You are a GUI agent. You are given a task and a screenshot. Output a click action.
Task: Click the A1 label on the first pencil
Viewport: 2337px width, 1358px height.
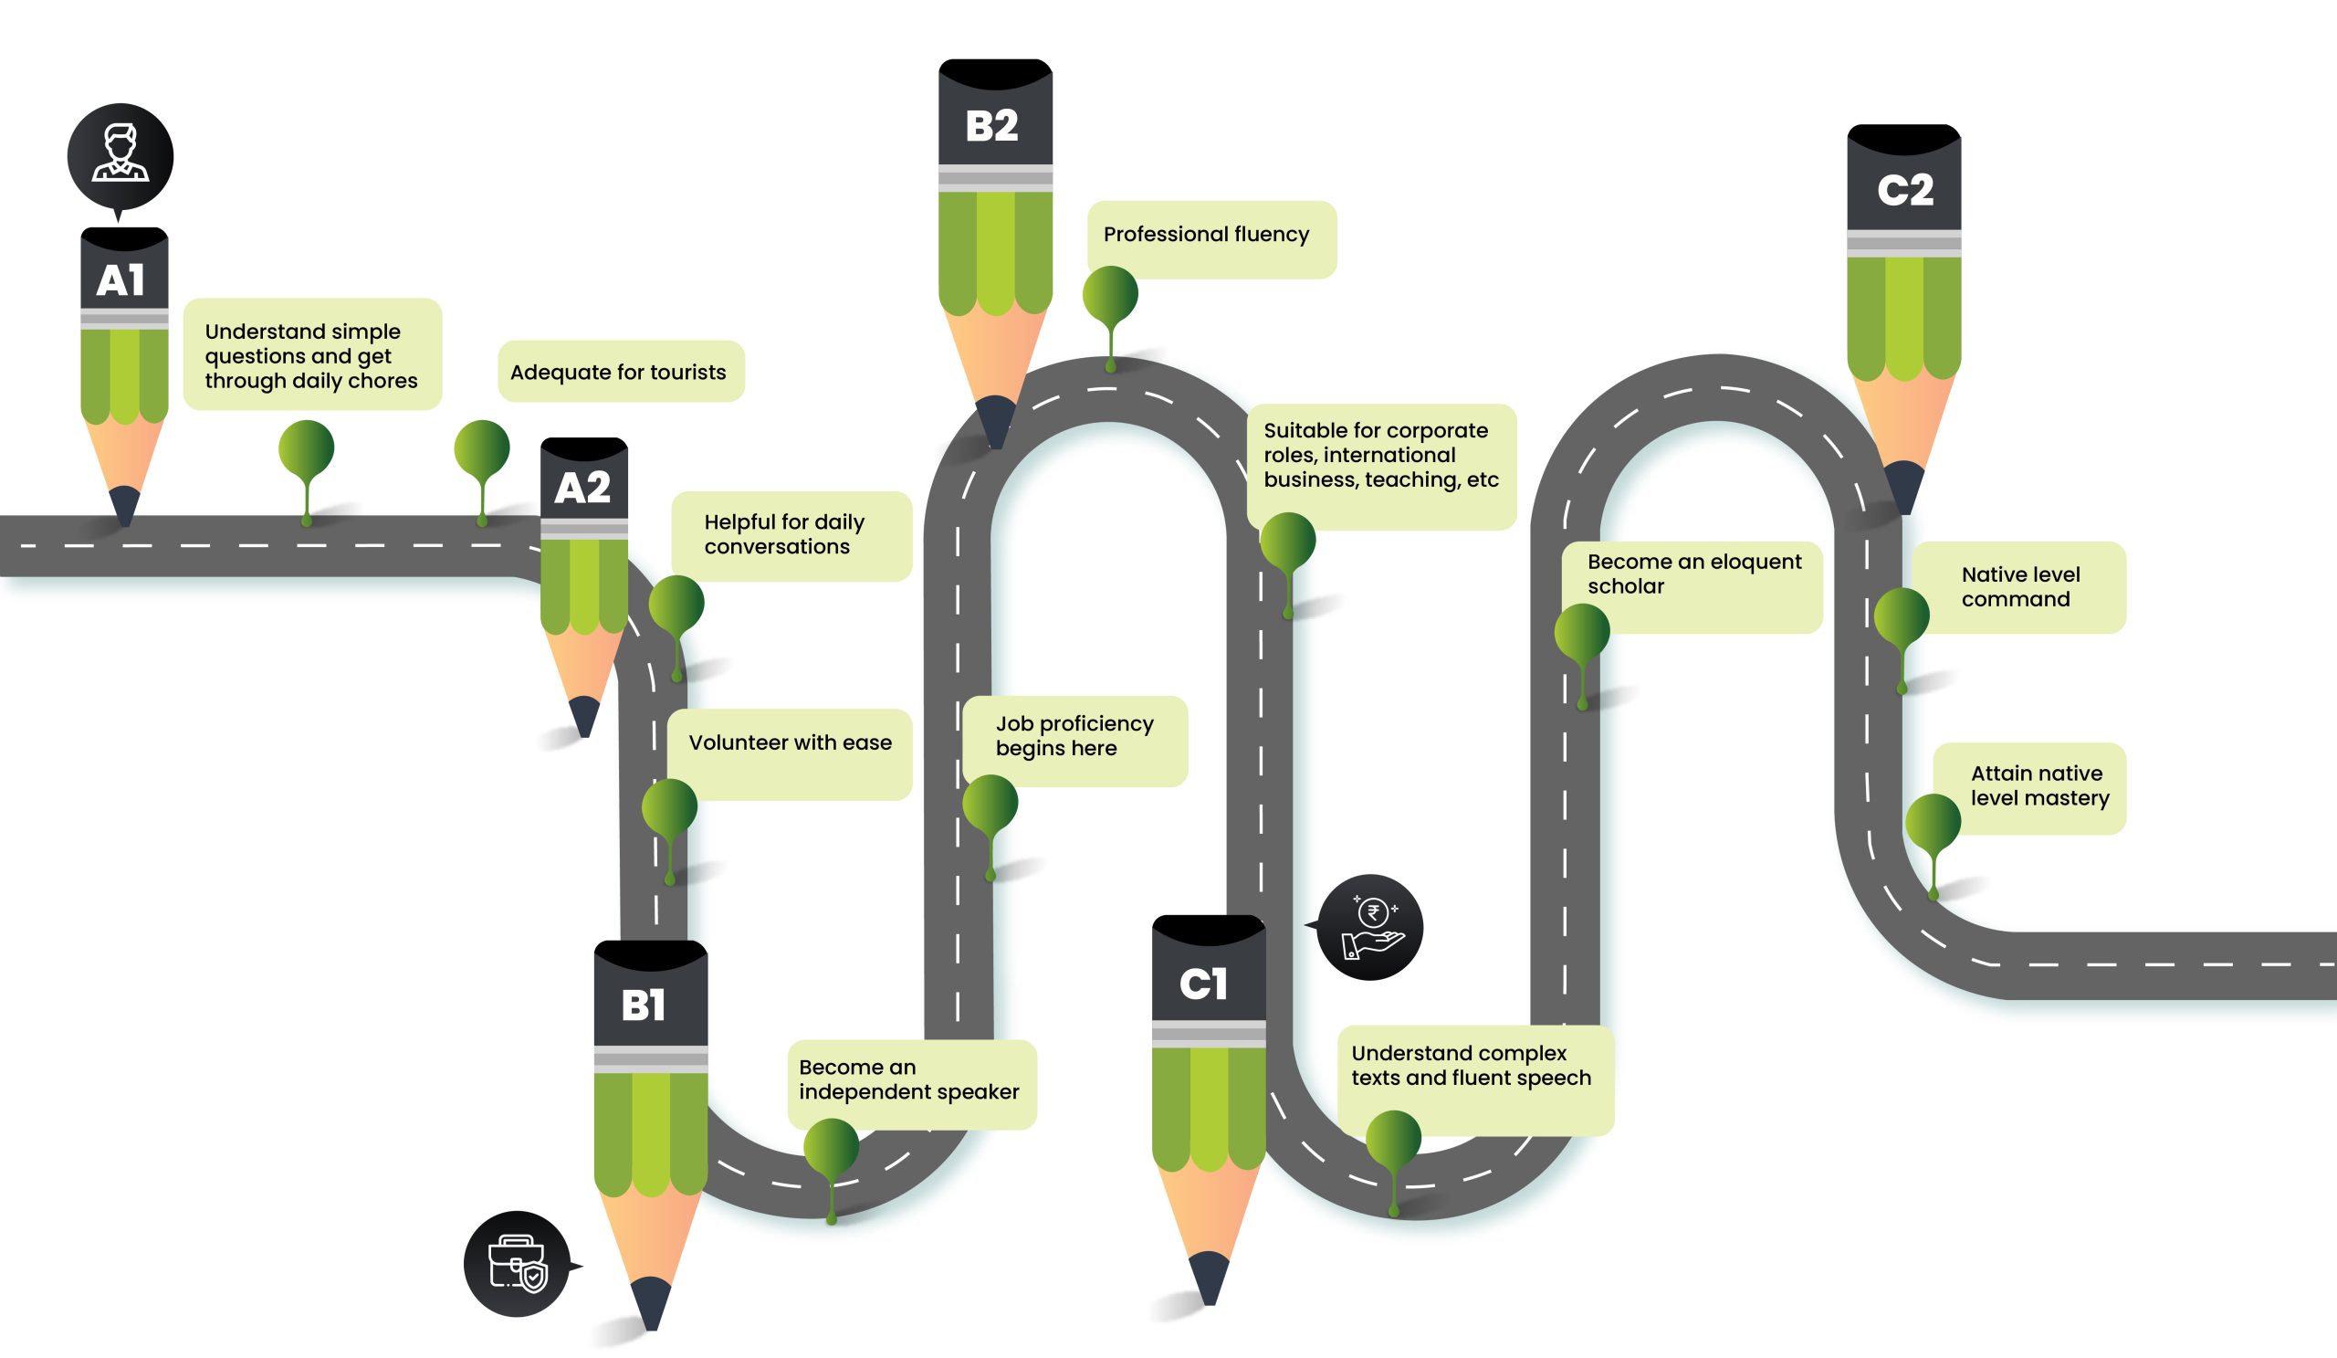(121, 280)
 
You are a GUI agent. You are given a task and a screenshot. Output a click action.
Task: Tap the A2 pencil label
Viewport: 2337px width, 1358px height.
(582, 488)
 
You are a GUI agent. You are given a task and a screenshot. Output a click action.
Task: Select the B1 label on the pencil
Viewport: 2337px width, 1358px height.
(644, 1005)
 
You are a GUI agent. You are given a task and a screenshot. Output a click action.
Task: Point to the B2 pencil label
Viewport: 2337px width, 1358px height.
(992, 126)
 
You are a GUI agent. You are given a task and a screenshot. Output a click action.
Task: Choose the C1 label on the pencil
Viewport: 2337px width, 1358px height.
(1204, 984)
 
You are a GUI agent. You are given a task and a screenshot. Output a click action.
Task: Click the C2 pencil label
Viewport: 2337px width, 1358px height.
(1905, 190)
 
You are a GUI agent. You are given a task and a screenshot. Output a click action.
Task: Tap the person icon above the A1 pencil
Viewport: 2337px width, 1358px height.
(120, 155)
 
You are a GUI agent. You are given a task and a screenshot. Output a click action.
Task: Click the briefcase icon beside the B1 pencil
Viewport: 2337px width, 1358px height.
(517, 1263)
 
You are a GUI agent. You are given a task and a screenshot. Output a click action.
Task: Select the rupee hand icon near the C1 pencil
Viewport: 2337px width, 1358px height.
(1370, 927)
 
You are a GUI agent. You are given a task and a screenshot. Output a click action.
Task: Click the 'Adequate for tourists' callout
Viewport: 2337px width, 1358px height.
(619, 372)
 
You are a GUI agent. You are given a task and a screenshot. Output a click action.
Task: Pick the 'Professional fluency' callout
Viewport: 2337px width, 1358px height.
(1207, 235)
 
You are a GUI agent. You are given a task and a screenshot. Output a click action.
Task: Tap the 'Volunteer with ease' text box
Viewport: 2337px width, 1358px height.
(791, 743)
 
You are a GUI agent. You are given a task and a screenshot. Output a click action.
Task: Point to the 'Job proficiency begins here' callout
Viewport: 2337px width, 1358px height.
(1074, 735)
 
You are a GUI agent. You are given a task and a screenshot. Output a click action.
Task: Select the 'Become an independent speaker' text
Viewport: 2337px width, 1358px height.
(909, 1079)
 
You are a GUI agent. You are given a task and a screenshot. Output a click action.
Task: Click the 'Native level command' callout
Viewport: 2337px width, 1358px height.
(2020, 587)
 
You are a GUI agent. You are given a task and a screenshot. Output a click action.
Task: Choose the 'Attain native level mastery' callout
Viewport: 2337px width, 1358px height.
(2038, 785)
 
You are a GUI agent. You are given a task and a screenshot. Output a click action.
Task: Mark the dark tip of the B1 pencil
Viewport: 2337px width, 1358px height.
(651, 1303)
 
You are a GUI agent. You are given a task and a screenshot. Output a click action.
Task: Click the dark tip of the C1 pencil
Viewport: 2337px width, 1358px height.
(1209, 1279)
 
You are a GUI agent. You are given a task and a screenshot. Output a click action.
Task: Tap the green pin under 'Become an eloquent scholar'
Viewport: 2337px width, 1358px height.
(1582, 634)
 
